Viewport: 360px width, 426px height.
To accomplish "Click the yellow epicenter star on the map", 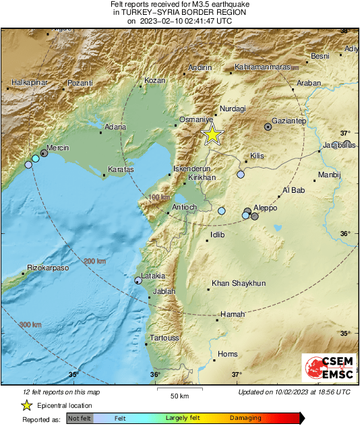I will pyautogui.click(x=212, y=134).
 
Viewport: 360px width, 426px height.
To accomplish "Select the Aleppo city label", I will pyautogui.click(x=265, y=208).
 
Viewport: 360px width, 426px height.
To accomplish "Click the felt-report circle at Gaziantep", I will pyautogui.click(x=268, y=126).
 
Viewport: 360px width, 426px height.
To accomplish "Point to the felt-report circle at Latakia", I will pyautogui.click(x=138, y=280).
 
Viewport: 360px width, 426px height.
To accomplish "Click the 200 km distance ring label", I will pyautogui.click(x=95, y=262).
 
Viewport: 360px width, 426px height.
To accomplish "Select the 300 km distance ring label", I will pyautogui.click(x=30, y=325).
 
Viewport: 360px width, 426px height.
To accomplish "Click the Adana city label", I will pyautogui.click(x=115, y=126).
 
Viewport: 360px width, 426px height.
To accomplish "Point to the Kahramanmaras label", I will pyautogui.click(x=262, y=67).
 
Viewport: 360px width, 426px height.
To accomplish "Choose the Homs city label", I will pyautogui.click(x=228, y=354).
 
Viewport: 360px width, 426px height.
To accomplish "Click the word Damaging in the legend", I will pyautogui.click(x=245, y=419).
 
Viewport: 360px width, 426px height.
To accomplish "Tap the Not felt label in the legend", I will pyautogui.click(x=80, y=419).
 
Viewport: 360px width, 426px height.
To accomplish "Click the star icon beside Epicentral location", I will pyautogui.click(x=26, y=405).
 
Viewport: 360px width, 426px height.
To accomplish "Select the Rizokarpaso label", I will pyautogui.click(x=48, y=268).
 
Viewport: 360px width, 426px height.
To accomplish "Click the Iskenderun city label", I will pyautogui.click(x=193, y=169).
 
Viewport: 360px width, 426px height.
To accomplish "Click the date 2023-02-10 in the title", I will pyautogui.click(x=158, y=21).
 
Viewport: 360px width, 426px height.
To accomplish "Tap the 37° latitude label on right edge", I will pyautogui.click(x=345, y=133).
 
